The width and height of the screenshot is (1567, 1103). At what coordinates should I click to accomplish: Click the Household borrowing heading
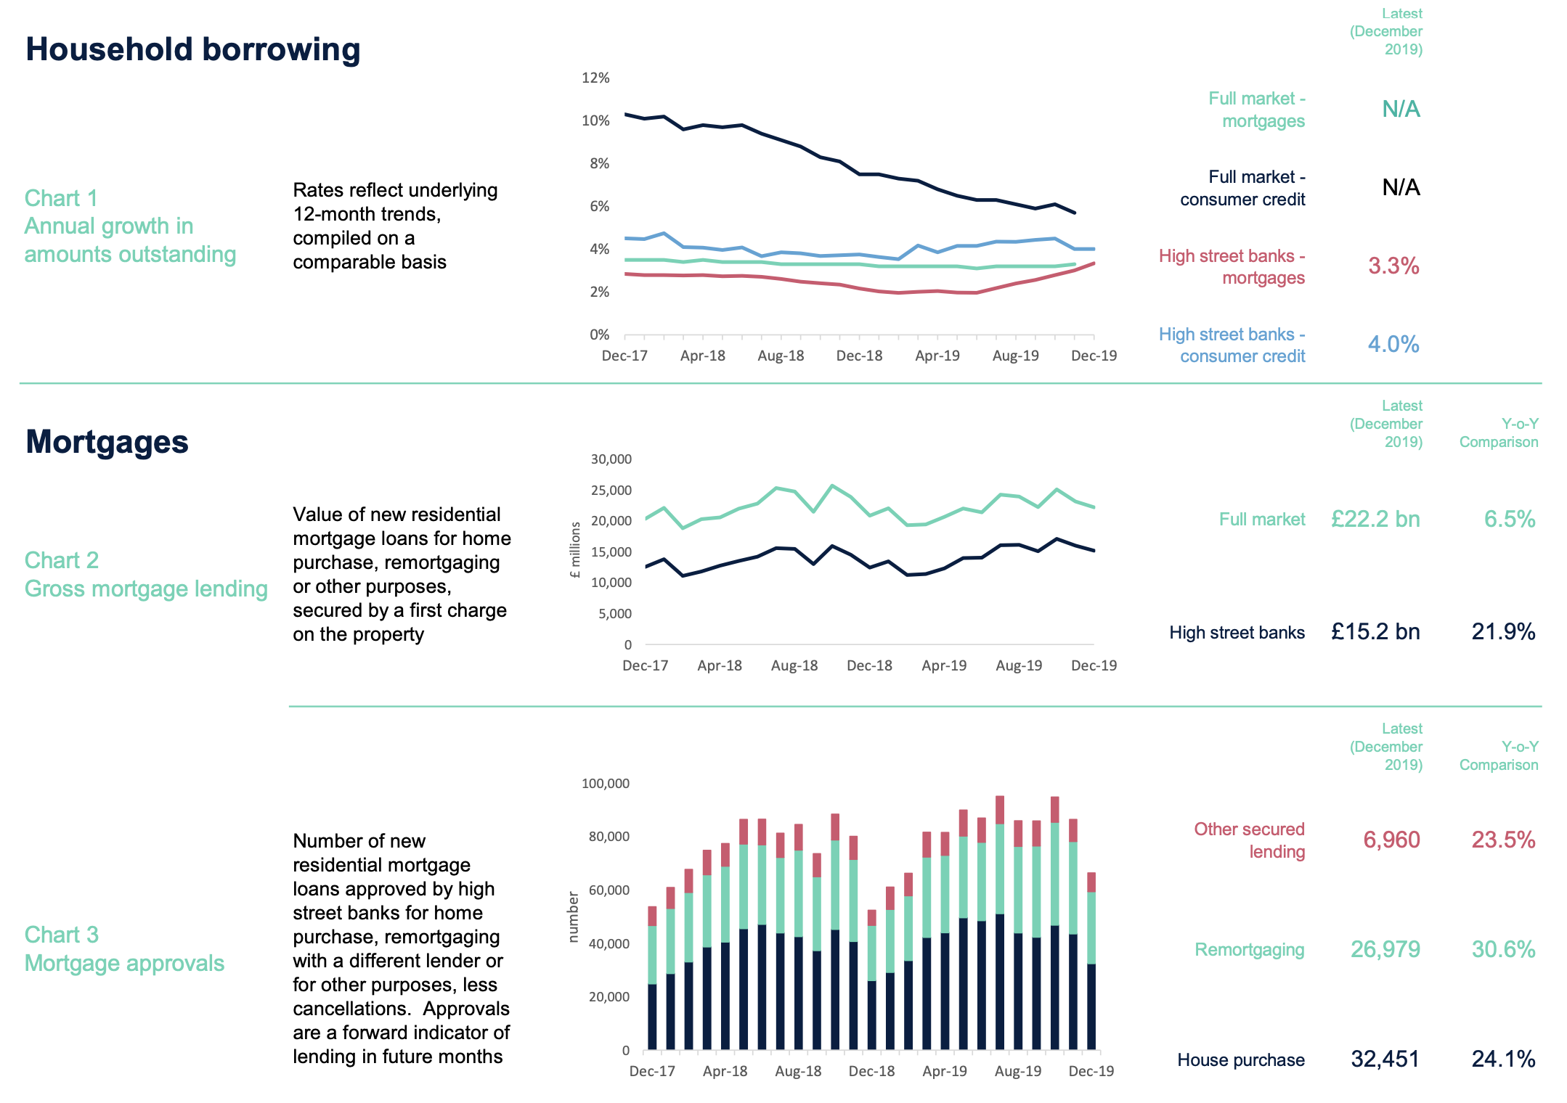coord(193,49)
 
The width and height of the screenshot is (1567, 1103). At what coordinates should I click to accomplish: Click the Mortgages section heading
coord(107,442)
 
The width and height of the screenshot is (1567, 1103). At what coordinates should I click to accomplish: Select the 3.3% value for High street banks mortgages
coord(1393,266)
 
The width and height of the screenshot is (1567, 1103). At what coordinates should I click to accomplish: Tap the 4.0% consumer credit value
coord(1393,344)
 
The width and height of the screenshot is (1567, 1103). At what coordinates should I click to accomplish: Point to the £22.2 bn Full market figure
coord(1375,519)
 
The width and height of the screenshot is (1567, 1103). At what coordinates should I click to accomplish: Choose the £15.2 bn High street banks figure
coord(1375,632)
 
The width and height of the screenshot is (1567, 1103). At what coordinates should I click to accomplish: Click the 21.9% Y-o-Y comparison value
coord(1502,632)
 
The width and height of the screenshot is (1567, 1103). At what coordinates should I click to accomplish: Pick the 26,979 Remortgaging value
coord(1384,949)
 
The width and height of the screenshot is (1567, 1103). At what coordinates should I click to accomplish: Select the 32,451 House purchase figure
coord(1384,1059)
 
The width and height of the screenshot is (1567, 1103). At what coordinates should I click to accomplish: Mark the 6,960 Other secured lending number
coord(1391,840)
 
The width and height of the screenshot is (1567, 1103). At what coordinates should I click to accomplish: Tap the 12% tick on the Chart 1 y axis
coord(595,78)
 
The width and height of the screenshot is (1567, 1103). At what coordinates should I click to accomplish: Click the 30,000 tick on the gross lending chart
coord(611,459)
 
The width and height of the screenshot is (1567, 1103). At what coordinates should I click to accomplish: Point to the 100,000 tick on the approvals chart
coord(605,784)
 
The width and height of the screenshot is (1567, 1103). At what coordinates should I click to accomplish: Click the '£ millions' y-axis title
coord(576,550)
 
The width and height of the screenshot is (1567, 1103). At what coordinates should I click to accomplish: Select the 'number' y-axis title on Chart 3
coord(573,917)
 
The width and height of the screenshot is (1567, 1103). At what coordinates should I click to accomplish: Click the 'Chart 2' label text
coord(62,560)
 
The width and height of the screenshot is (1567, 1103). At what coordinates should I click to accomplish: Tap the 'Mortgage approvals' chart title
coord(124,963)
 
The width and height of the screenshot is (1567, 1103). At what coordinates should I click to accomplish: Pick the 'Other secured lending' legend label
coord(1249,840)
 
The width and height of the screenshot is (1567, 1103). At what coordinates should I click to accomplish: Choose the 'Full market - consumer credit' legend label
coord(1242,188)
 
